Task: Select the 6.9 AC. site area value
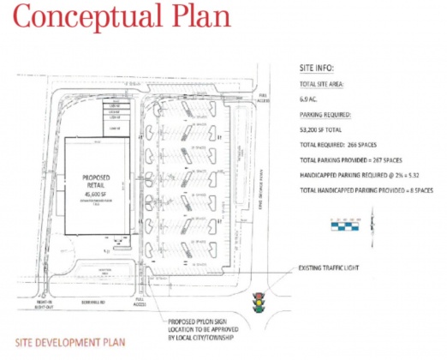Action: pyautogui.click(x=310, y=99)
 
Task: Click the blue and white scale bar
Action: pyautogui.click(x=353, y=226)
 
